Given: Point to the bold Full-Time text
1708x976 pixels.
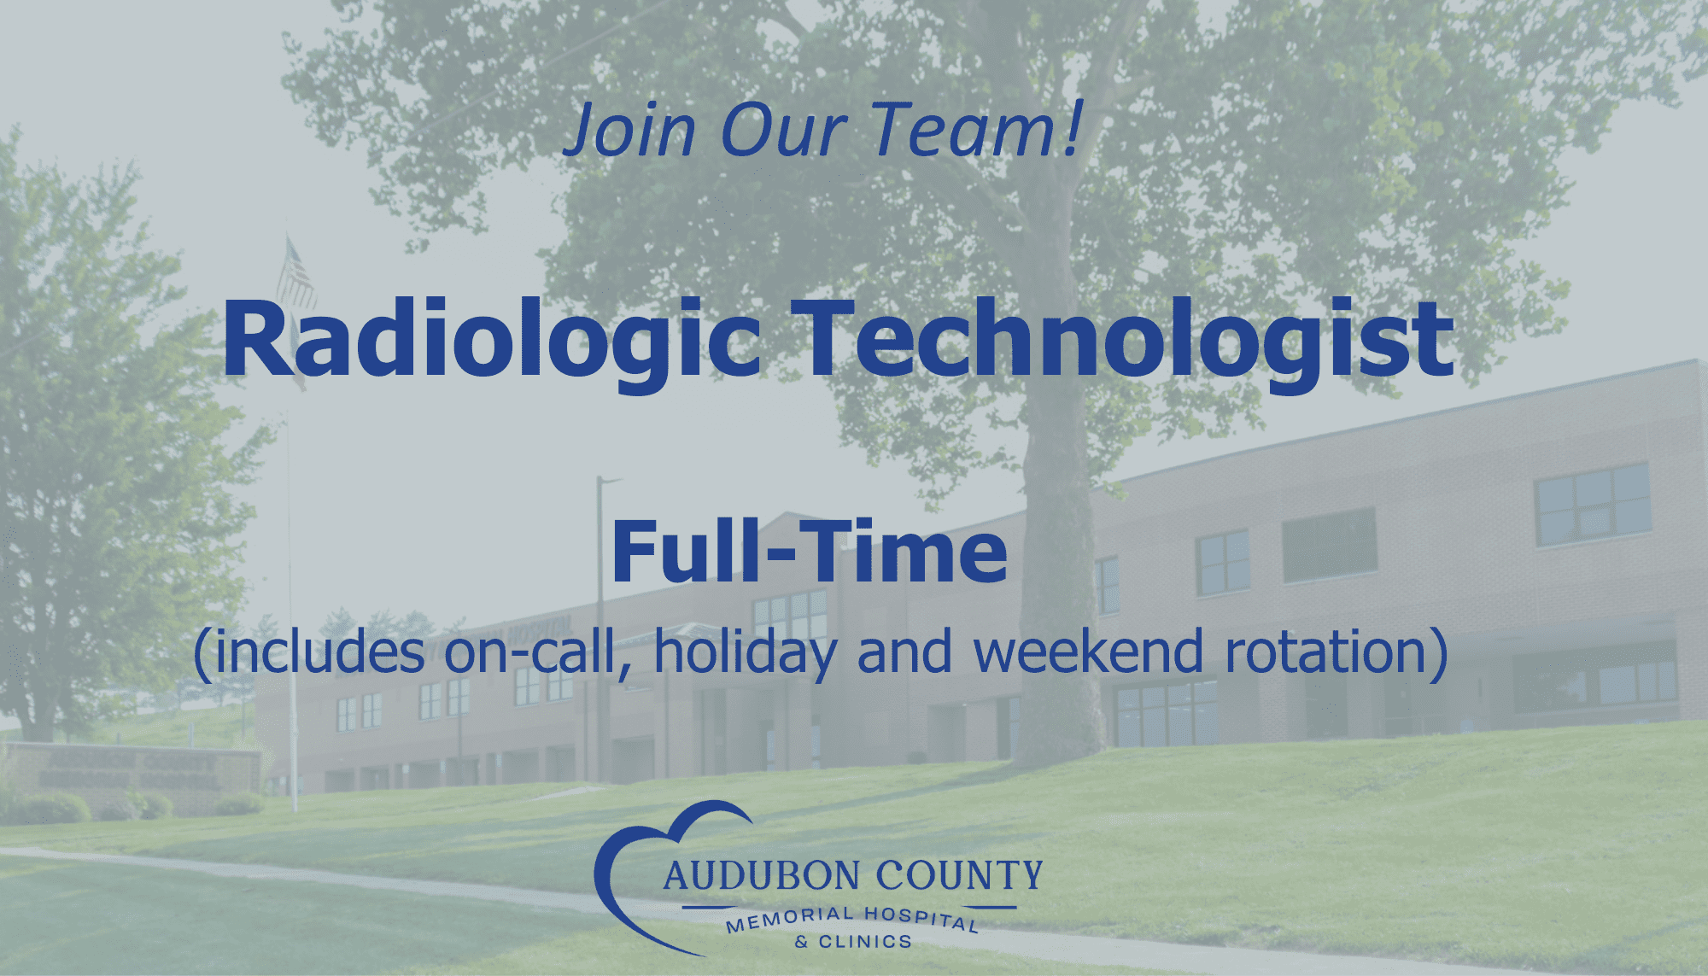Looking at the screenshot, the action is coord(810,551).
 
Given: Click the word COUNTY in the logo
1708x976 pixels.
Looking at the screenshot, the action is coord(960,876).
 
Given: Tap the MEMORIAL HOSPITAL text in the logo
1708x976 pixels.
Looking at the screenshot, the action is coord(852,920).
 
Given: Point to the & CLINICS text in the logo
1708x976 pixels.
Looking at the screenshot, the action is coord(852,942).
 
